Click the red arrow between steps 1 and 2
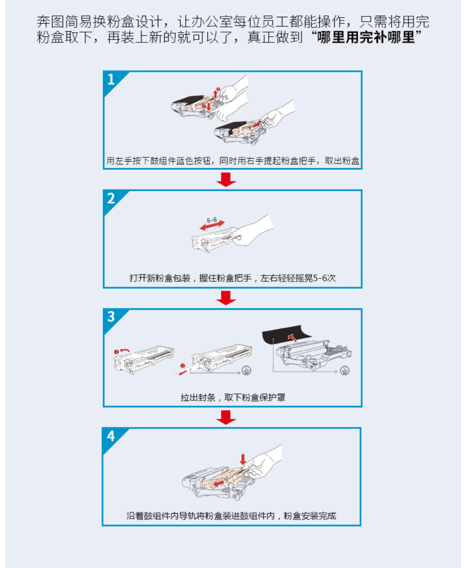[226, 180]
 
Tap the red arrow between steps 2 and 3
[226, 298]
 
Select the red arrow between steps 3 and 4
[226, 417]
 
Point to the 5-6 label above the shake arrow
[212, 220]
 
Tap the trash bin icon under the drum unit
[345, 371]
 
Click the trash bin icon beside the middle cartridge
[247, 370]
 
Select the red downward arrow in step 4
[243, 459]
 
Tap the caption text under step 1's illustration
[233, 161]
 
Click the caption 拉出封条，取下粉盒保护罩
[233, 397]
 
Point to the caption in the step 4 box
[231, 516]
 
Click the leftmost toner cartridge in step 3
[144, 360]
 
